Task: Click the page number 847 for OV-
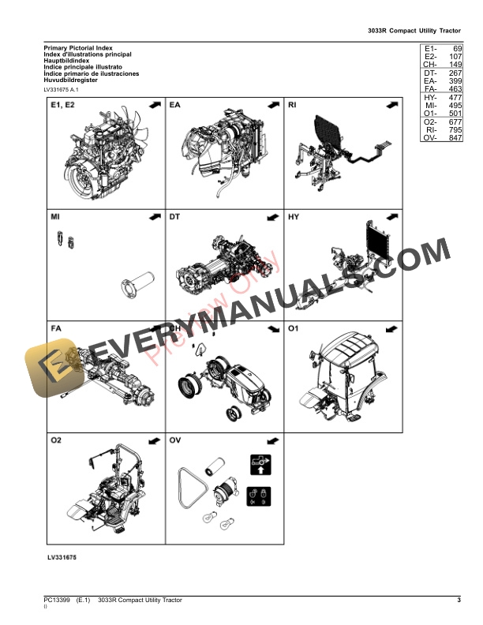click(x=453, y=138)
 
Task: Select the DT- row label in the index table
click(x=430, y=73)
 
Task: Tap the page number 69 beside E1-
click(x=455, y=48)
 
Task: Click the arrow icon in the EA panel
click(x=273, y=104)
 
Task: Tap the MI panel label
click(x=56, y=216)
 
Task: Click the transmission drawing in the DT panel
click(x=223, y=264)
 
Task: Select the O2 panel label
click(x=57, y=440)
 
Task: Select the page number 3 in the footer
click(x=459, y=601)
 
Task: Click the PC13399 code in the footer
click(x=58, y=601)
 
